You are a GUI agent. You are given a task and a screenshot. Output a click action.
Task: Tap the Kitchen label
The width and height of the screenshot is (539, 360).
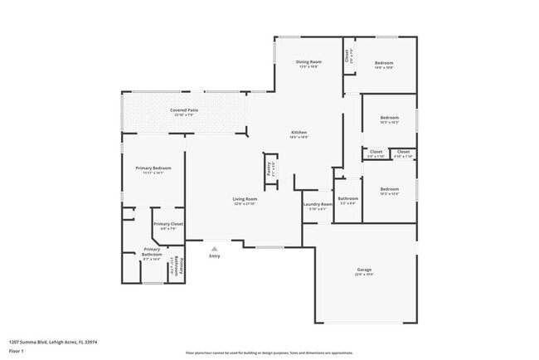pyautogui.click(x=299, y=133)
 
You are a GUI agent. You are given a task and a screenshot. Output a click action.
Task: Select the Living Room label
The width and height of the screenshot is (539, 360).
pyautogui.click(x=245, y=199)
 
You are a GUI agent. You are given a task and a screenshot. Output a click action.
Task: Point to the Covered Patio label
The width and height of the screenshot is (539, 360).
pyautogui.click(x=184, y=109)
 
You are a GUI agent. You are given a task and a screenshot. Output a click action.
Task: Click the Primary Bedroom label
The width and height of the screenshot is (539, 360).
pyautogui.click(x=153, y=168)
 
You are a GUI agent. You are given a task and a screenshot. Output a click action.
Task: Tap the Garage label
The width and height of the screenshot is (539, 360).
pyautogui.click(x=364, y=270)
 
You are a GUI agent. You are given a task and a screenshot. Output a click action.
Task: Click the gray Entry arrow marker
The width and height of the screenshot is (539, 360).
pyautogui.click(x=215, y=247)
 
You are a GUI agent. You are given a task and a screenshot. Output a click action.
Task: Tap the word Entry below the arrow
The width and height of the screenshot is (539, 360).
pyautogui.click(x=215, y=255)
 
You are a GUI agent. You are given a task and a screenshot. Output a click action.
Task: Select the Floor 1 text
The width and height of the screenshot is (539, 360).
pyautogui.click(x=17, y=351)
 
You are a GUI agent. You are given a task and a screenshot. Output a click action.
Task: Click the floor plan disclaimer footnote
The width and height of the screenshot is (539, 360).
pyautogui.click(x=269, y=352)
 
